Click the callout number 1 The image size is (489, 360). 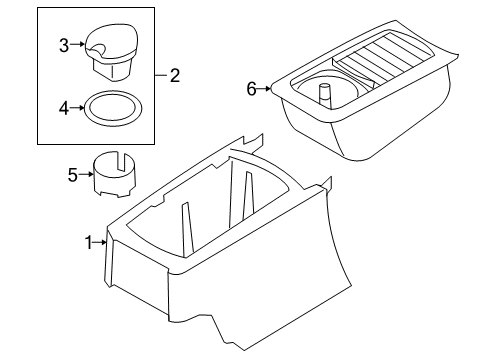88,242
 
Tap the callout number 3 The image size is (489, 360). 63,45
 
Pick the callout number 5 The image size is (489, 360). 72,176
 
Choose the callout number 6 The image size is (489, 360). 252,89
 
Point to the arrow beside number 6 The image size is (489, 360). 264,89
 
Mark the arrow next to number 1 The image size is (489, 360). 100,242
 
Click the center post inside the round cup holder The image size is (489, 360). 324,95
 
